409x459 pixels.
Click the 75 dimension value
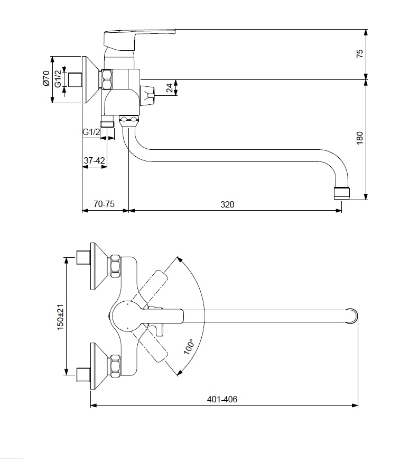360,53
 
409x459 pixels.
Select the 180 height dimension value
360,138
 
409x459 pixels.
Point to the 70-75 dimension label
104,204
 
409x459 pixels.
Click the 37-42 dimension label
94,159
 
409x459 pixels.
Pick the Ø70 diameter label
46,79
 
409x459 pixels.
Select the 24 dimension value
169,88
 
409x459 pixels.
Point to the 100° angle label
189,347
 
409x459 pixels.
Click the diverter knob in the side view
148,96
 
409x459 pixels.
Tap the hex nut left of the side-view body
108,80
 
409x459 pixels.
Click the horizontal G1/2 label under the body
91,132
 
